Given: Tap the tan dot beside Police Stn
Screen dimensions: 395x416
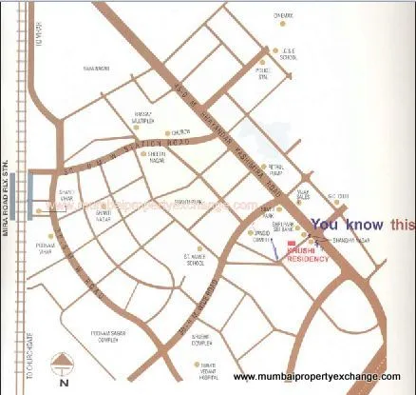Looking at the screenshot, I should [264, 64].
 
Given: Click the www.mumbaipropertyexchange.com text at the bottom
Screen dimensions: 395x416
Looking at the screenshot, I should [322, 379].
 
